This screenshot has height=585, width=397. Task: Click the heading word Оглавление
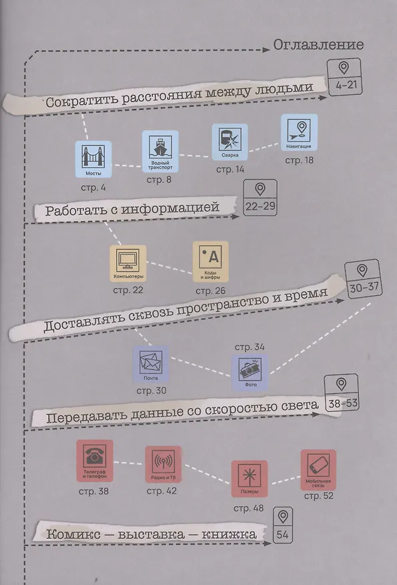click(x=318, y=45)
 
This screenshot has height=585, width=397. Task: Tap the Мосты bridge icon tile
click(x=93, y=159)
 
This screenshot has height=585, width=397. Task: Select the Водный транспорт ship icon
click(x=160, y=151)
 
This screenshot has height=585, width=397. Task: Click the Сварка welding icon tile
click(x=230, y=142)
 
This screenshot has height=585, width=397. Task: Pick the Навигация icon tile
click(x=299, y=132)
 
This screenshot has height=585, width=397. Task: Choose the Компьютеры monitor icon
click(x=128, y=263)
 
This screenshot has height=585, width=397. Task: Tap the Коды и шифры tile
click(x=211, y=262)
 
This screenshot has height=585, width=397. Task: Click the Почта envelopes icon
click(x=151, y=364)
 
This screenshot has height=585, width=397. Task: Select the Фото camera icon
click(x=250, y=373)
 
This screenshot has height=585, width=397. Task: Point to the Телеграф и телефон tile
click(x=95, y=461)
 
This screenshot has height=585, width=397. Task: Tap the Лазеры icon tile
click(x=250, y=479)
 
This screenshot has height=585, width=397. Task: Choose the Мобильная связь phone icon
click(x=318, y=470)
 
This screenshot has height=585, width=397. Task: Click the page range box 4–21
click(x=345, y=78)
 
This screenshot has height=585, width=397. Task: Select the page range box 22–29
click(x=260, y=198)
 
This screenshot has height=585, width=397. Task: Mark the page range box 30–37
click(x=364, y=279)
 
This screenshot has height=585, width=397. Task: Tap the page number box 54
click(x=283, y=526)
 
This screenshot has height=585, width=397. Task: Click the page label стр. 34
click(x=250, y=347)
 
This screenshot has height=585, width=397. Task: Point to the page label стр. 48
click(x=249, y=508)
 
